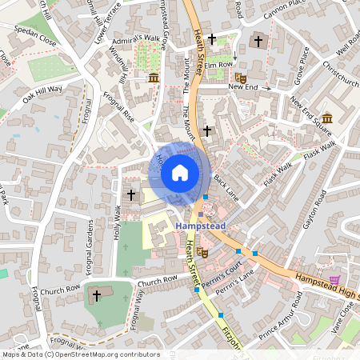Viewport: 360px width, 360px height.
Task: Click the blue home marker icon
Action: click(x=180, y=172)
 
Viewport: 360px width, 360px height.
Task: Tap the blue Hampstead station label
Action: click(x=200, y=226)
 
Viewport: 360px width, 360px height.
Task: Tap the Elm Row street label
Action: click(x=218, y=65)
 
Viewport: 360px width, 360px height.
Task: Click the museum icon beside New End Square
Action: click(x=328, y=118)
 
